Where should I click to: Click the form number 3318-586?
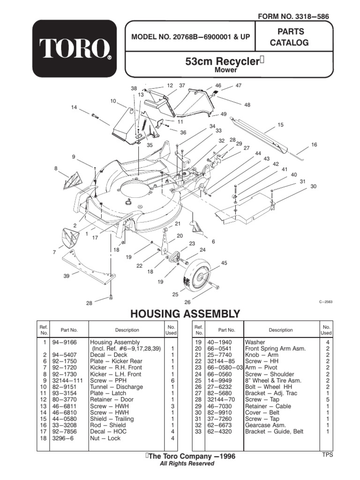coord(293,16)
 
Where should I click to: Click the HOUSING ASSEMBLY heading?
coord(185,314)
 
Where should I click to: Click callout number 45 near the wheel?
coord(224,263)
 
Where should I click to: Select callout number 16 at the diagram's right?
coord(314,145)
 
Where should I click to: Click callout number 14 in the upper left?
coord(74,107)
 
